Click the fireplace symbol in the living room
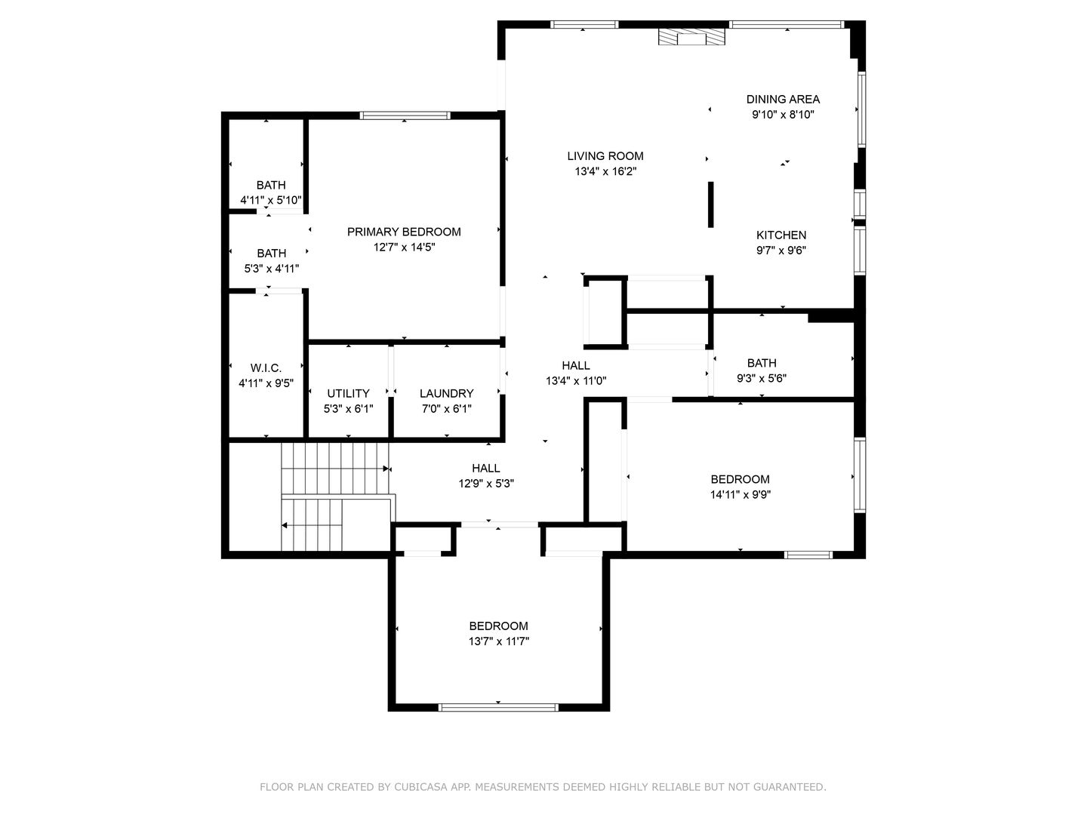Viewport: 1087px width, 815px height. click(x=691, y=38)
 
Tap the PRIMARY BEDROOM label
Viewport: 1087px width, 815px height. click(x=404, y=232)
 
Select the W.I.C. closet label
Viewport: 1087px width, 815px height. click(x=266, y=368)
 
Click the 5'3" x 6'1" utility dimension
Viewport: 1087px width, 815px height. click(x=348, y=409)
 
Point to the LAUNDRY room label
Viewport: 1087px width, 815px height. click(x=446, y=393)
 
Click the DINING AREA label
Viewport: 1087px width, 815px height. click(x=783, y=99)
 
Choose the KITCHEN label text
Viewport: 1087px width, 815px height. click(x=781, y=235)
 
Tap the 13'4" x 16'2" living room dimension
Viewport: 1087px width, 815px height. click(x=605, y=171)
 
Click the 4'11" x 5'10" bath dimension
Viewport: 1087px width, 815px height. click(x=271, y=200)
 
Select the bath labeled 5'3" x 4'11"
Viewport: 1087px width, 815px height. click(x=271, y=260)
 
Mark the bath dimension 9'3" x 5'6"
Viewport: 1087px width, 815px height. click(x=762, y=379)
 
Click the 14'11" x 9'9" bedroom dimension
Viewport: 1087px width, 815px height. click(x=740, y=495)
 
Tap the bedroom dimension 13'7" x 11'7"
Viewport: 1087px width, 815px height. click(x=498, y=641)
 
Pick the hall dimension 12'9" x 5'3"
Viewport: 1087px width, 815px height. click(x=486, y=484)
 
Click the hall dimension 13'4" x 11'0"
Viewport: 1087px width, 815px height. click(x=576, y=381)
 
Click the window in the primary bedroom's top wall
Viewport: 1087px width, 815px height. click(x=405, y=115)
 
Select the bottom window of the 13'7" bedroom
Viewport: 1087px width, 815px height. click(x=498, y=707)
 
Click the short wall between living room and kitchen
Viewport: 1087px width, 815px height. click(x=710, y=204)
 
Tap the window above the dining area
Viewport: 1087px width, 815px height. click(x=787, y=25)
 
